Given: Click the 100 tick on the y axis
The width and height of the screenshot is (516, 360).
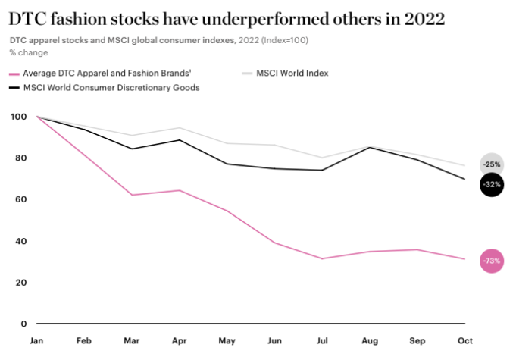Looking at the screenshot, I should [x=17, y=117].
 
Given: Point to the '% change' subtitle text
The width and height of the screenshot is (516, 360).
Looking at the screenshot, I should [x=28, y=52].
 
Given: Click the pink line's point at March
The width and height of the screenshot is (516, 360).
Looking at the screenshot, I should [x=133, y=195].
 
